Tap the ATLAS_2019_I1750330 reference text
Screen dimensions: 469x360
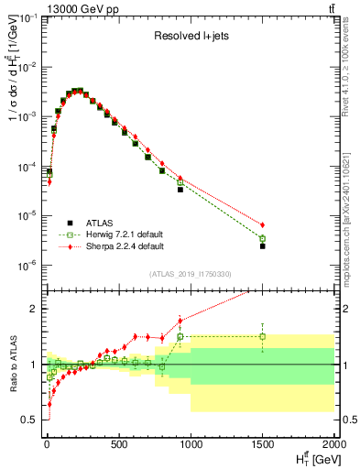tap(190, 274)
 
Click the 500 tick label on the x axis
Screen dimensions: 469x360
tap(118, 445)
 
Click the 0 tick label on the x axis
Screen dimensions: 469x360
tap(46, 445)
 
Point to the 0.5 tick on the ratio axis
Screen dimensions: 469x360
tap(32, 420)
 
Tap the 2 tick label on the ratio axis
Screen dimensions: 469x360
tap(37, 309)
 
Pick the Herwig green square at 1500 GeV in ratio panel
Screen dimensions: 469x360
tap(263, 336)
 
